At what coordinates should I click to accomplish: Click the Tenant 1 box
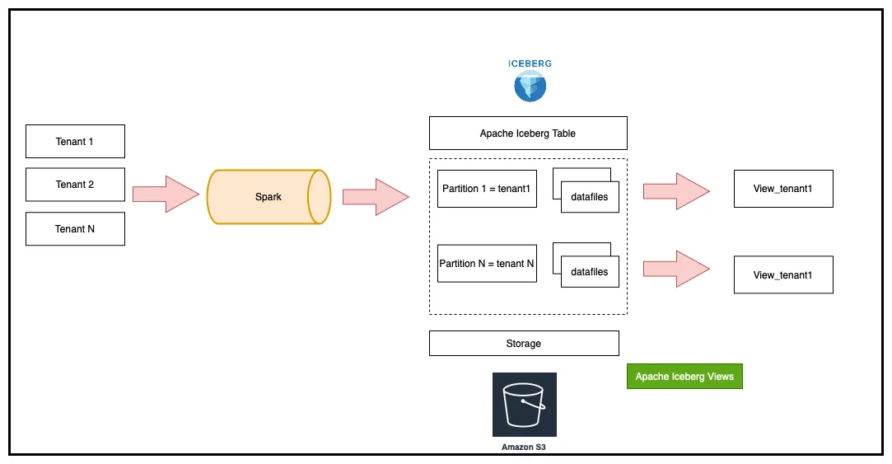pyautogui.click(x=75, y=141)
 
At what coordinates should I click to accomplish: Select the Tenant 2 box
pyautogui.click(x=75, y=185)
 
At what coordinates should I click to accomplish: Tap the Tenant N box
pyautogui.click(x=75, y=228)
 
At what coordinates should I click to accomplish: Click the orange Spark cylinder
pyautogui.click(x=269, y=197)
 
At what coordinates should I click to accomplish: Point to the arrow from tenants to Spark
pyautogui.click(x=166, y=195)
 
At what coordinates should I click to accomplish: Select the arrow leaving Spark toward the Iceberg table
pyautogui.click(x=376, y=196)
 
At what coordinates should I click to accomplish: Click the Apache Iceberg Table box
pyautogui.click(x=528, y=133)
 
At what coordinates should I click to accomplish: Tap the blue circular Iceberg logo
pyautogui.click(x=530, y=86)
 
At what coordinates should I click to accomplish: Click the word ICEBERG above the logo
pyautogui.click(x=530, y=63)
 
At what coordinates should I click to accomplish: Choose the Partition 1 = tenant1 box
pyautogui.click(x=487, y=189)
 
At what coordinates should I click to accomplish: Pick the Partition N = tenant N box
pyautogui.click(x=487, y=264)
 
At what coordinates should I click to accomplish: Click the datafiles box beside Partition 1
pyautogui.click(x=590, y=196)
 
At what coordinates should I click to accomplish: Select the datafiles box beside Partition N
pyautogui.click(x=590, y=271)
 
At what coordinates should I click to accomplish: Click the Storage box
pyautogui.click(x=524, y=343)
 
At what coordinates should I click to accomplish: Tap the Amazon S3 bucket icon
pyautogui.click(x=525, y=404)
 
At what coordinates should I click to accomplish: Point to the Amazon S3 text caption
pyautogui.click(x=524, y=447)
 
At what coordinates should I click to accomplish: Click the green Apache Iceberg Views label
pyautogui.click(x=684, y=376)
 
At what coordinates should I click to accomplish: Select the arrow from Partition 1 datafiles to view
pyautogui.click(x=676, y=192)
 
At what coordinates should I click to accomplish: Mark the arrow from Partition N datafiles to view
pyautogui.click(x=676, y=268)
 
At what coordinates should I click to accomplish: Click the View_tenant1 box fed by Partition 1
pyautogui.click(x=783, y=189)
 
